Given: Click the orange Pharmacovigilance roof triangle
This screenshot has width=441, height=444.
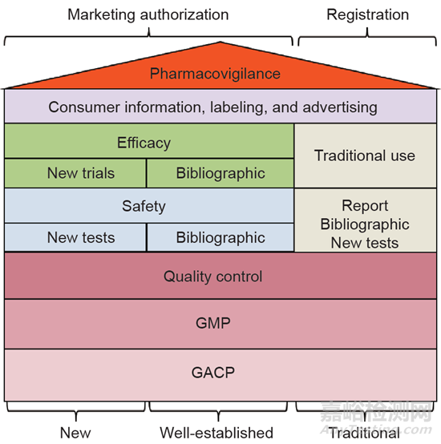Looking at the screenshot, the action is coord(220,71).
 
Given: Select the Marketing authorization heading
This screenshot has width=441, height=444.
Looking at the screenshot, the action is coord(148,14).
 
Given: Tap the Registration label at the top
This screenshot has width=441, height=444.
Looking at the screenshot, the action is coord(368,14).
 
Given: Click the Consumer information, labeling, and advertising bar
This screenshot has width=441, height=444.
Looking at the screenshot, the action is coord(220,107).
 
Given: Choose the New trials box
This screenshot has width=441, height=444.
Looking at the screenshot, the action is coord(75,173).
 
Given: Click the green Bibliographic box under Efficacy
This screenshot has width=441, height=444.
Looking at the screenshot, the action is coord(220,173).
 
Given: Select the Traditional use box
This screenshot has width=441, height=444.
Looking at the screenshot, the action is coord(366,155).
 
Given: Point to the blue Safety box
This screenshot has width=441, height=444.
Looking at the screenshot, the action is coord(149,206).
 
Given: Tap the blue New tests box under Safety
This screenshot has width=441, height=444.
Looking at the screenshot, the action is coord(75,237).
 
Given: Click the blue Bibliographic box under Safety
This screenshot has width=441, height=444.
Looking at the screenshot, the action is coord(220,237).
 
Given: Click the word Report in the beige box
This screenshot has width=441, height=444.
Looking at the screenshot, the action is coord(365,206).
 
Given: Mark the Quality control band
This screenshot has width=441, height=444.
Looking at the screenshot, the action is coord(220,276).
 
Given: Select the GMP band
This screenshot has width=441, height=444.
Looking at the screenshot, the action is coord(220,324).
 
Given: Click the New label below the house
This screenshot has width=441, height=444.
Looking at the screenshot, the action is coord(75,433).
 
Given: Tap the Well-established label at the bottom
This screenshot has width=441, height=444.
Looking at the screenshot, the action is coord(216,433).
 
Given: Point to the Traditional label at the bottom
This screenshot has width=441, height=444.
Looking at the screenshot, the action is coord(365,433).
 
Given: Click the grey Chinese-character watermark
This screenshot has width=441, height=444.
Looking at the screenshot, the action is coord(376,412).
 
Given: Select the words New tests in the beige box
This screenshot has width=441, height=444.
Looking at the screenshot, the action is coord(365,243).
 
